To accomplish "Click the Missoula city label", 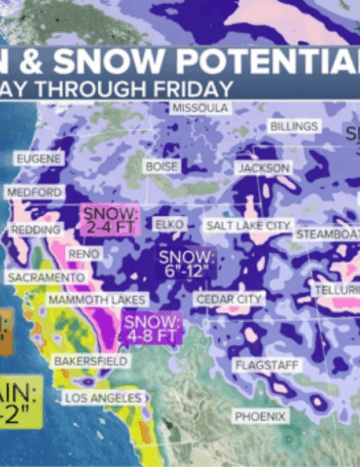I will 200,108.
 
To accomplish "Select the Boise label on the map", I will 162,167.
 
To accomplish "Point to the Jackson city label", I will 264,168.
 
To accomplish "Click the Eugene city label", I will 39,158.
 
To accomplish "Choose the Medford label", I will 34,193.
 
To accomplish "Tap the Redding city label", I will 32,231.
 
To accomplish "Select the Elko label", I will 170,225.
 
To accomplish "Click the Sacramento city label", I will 46,277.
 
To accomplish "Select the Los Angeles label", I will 103,398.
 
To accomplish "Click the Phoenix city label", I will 260,416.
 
